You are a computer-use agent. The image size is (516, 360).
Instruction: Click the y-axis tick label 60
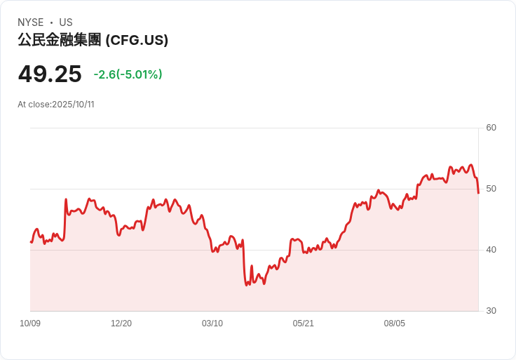491,128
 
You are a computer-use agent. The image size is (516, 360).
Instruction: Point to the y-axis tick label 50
491,189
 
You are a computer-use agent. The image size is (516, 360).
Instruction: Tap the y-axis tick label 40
491,250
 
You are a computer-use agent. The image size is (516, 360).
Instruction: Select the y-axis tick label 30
491,311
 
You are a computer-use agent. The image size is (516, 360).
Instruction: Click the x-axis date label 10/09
30,324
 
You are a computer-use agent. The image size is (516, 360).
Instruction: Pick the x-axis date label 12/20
121,324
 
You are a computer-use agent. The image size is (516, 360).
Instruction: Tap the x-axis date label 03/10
212,324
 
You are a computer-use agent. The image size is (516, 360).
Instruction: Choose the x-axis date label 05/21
304,324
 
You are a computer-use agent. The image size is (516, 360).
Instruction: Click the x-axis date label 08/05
395,324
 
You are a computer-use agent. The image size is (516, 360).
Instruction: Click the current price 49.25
50,74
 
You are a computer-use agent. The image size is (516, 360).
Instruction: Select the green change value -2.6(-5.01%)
128,74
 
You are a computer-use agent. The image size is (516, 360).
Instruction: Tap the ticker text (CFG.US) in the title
137,41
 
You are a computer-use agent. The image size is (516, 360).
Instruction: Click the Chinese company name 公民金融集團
60,41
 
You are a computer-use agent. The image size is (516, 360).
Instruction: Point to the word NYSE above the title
31,22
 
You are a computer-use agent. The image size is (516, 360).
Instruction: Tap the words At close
34,105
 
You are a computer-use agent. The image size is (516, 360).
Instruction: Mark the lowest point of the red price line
247,285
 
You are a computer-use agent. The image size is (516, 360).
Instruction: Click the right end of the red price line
478,193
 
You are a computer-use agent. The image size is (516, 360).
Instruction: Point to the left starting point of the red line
31,242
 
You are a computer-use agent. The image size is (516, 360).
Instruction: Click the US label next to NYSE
66,22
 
